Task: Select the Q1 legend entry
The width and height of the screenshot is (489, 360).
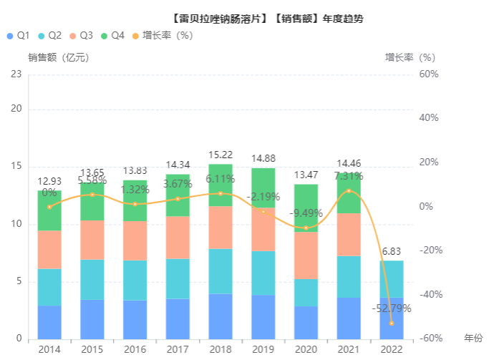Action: pyautogui.click(x=19, y=35)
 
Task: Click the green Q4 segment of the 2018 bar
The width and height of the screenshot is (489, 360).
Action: pyautogui.click(x=221, y=185)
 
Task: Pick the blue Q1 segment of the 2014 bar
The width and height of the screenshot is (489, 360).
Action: pyautogui.click(x=49, y=322)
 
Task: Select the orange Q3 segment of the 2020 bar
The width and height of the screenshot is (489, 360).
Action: pyautogui.click(x=306, y=255)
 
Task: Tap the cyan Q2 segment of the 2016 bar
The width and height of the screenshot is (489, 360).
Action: pyautogui.click(x=135, y=280)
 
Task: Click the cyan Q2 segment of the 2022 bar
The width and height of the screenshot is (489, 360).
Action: pyautogui.click(x=392, y=279)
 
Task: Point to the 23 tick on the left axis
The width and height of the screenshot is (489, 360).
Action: pyautogui.click(x=16, y=74)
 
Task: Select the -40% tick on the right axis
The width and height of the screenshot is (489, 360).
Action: pyautogui.click(x=429, y=294)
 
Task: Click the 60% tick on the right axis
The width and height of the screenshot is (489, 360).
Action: pyautogui.click(x=429, y=74)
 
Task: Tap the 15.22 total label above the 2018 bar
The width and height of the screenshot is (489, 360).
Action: pyautogui.click(x=221, y=155)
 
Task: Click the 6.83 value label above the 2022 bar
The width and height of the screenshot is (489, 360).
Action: pyautogui.click(x=392, y=252)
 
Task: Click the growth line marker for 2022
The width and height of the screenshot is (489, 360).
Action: pyautogui.click(x=392, y=323)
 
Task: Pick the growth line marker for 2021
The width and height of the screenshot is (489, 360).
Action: pyautogui.click(x=349, y=191)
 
